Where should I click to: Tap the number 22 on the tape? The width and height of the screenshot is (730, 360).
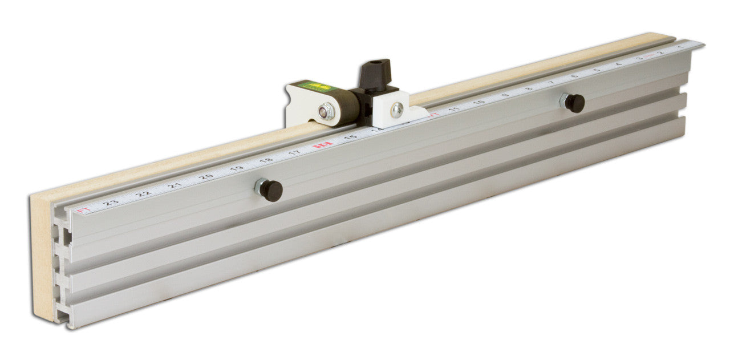(x=144, y=193)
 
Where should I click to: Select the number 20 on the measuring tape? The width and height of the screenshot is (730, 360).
(x=206, y=176)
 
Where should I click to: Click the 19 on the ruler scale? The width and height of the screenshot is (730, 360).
(x=237, y=168)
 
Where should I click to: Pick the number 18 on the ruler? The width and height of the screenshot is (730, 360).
(x=266, y=161)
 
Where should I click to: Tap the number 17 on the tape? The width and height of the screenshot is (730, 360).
(x=294, y=153)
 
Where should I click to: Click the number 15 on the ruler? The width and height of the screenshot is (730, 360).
(x=350, y=137)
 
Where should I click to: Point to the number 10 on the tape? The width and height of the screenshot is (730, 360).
(x=478, y=102)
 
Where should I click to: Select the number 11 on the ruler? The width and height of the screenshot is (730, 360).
(x=454, y=108)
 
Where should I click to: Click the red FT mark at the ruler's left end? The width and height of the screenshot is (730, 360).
(x=83, y=211)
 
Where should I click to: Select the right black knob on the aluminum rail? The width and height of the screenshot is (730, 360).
(x=574, y=103)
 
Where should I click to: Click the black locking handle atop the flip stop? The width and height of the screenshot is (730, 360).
(x=375, y=73)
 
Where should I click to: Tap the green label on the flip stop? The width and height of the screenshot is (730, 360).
(x=314, y=87)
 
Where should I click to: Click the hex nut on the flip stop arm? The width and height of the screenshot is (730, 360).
(x=327, y=111)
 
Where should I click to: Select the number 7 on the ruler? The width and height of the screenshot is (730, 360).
(x=551, y=83)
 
